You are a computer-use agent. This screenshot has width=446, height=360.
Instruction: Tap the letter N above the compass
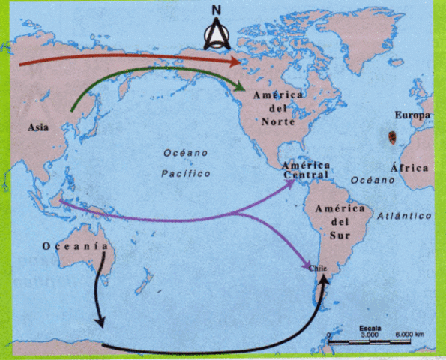pos(217,10)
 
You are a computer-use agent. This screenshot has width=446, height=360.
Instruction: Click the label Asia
pos(39,127)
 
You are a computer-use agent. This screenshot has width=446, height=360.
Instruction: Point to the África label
pos(414,168)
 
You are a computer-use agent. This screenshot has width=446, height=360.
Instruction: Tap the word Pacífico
pos(185,173)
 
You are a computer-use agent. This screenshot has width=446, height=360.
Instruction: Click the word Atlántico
pos(404,215)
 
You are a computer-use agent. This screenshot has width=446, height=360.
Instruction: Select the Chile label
pos(319,267)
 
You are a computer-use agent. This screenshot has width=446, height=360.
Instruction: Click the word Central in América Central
pos(304,176)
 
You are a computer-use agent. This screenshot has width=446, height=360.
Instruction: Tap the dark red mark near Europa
pos(393,137)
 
